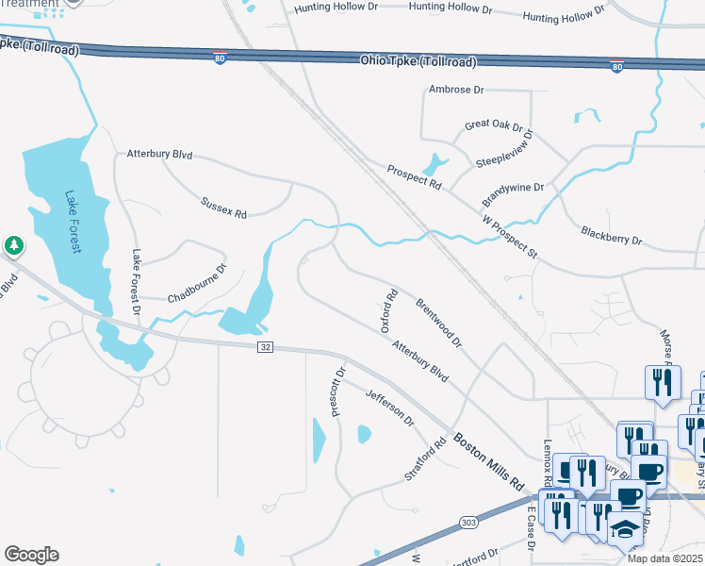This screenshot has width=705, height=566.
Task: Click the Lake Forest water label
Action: pyautogui.click(x=74, y=222)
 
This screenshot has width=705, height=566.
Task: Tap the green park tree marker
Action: pyautogui.click(x=13, y=246)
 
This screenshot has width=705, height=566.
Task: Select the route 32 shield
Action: pyautogui.click(x=265, y=347)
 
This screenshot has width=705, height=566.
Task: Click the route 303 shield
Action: pyautogui.click(x=468, y=522)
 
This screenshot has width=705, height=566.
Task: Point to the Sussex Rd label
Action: pyautogui.click(x=223, y=208)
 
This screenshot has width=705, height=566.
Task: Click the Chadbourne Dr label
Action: pyautogui.click(x=198, y=283)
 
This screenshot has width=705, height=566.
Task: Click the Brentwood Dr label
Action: pyautogui.click(x=438, y=324)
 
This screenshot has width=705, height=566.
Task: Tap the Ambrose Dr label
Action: pyautogui.click(x=455, y=90)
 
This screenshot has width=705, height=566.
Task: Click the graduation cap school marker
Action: pyautogui.click(x=625, y=528)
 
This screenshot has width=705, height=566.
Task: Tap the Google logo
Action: pyautogui.click(x=31, y=555)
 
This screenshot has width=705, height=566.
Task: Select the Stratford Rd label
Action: pyautogui.click(x=425, y=459)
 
